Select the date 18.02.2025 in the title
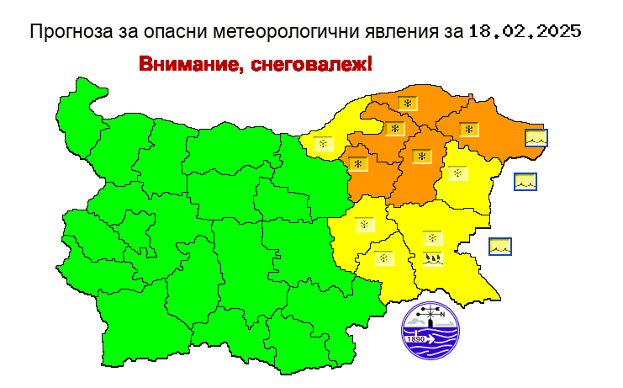pos(525,32)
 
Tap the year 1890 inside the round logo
pos(418,340)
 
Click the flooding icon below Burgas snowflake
pos(432,258)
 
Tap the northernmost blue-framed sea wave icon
pos(536,137)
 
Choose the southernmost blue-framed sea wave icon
pos(500,247)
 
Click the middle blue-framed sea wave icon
pos(525,180)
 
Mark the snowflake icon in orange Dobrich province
pos(467,129)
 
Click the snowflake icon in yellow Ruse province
pos(322,145)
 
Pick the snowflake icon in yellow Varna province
pos(457,174)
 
